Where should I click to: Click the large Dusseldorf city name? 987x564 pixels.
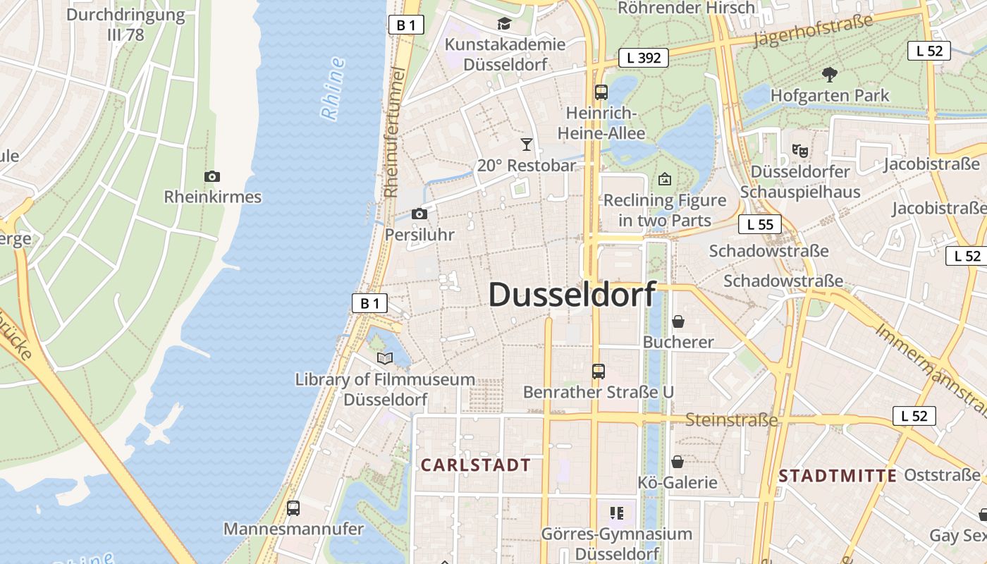(x=572, y=294)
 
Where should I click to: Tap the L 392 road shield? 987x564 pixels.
(x=644, y=58)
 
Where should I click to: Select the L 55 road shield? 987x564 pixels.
(x=760, y=224)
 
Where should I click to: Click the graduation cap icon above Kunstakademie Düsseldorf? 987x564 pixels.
(x=504, y=24)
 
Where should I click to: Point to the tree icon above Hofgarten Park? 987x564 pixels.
(x=830, y=74)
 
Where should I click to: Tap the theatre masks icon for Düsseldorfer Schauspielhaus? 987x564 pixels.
(x=799, y=150)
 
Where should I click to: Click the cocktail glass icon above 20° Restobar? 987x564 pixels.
(x=526, y=145)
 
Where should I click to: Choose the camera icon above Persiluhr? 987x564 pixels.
(x=419, y=214)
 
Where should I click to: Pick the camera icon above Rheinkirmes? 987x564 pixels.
(x=211, y=176)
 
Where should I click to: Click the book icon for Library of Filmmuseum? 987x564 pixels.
(x=384, y=359)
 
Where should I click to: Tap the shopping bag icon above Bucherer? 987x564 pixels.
(x=678, y=321)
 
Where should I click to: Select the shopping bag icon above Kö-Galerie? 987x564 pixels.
(x=677, y=462)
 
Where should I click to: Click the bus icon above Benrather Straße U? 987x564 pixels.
(x=598, y=371)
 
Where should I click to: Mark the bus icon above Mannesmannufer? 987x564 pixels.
(x=293, y=508)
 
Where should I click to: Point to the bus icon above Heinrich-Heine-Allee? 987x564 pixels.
(x=601, y=92)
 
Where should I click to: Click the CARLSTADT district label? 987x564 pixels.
(x=475, y=465)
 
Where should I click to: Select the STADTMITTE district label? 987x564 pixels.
(x=838, y=476)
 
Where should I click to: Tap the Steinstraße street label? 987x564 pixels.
(x=732, y=421)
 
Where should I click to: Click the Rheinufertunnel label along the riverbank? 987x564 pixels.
(x=393, y=133)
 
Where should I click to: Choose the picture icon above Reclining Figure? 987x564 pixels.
(x=664, y=179)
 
